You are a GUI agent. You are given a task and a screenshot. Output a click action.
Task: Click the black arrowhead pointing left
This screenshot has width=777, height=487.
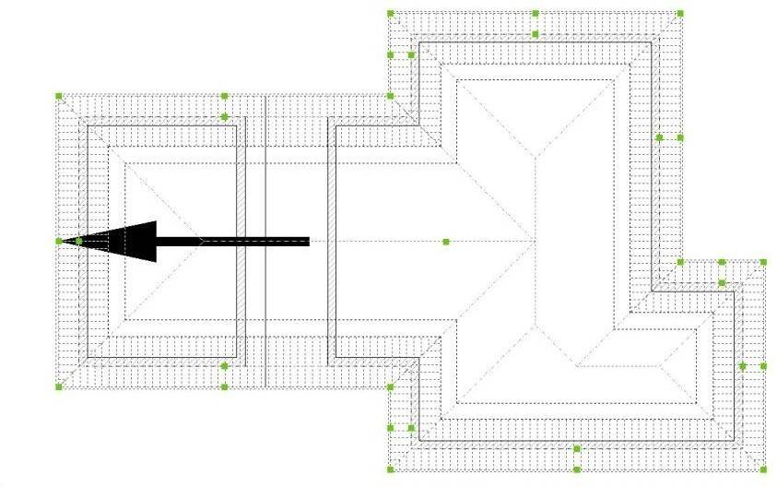point(124,242)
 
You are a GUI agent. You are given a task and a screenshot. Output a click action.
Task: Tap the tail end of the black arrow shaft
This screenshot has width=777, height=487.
point(307,242)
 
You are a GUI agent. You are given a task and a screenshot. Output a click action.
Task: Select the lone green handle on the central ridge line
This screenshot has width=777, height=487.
point(446,242)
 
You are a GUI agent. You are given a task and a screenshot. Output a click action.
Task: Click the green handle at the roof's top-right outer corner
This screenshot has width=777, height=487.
point(680,14)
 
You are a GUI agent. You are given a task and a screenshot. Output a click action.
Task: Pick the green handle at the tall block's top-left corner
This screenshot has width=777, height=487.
point(391,14)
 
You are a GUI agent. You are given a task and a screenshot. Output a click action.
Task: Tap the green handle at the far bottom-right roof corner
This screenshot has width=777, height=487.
point(764,469)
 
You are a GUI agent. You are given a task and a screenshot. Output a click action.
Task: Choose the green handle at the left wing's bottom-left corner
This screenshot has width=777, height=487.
point(59,386)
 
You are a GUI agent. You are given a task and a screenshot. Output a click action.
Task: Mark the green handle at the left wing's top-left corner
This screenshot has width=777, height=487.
point(59,95)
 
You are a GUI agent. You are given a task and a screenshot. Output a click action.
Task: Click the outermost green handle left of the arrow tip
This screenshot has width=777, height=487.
point(59,242)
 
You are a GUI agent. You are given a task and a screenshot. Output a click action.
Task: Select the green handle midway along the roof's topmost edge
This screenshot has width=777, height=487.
point(536,14)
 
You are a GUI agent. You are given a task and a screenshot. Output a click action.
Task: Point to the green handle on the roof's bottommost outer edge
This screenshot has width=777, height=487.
point(577,469)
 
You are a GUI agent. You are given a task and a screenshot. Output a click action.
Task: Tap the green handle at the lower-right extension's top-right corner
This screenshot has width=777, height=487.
point(764,263)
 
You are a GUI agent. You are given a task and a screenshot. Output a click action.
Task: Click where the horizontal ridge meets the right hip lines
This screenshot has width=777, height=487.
point(536,242)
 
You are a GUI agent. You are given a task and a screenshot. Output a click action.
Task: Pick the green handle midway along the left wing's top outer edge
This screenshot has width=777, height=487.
point(225,95)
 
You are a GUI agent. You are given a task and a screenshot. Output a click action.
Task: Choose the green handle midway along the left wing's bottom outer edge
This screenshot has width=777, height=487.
point(225,386)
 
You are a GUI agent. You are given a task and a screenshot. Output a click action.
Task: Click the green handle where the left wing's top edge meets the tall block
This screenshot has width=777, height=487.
point(391,95)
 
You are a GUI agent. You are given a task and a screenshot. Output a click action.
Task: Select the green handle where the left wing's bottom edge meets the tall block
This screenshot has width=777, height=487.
point(391,386)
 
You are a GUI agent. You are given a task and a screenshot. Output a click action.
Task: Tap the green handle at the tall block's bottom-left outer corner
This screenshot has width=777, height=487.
point(391,469)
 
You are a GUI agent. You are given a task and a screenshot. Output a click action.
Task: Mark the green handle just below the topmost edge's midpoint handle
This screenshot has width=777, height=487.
point(536,34)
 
